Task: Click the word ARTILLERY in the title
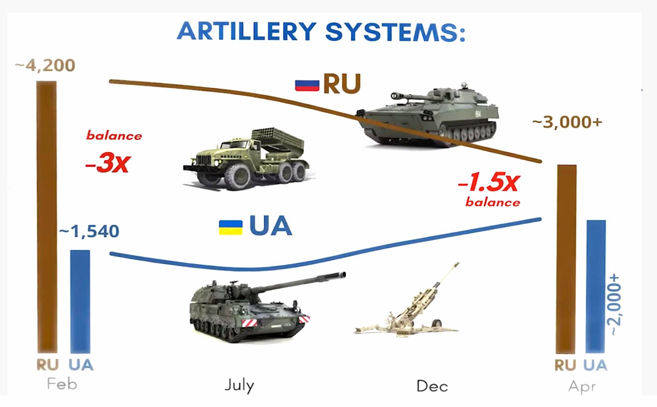pos(247,31)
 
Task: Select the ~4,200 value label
pos(45,65)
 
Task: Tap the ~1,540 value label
pos(89,231)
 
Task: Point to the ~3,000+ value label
pos(567,122)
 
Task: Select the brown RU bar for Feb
pos(47,217)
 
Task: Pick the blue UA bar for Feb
pos(80,302)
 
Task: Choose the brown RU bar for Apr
pos(566,259)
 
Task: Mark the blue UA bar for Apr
pos(595,287)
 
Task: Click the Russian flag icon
pos(307,86)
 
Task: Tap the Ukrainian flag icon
pos(231,228)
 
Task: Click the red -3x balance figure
pos(108,163)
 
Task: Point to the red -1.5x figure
pos(489,183)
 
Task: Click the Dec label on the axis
pos(433,386)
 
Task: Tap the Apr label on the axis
pos(582,387)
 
